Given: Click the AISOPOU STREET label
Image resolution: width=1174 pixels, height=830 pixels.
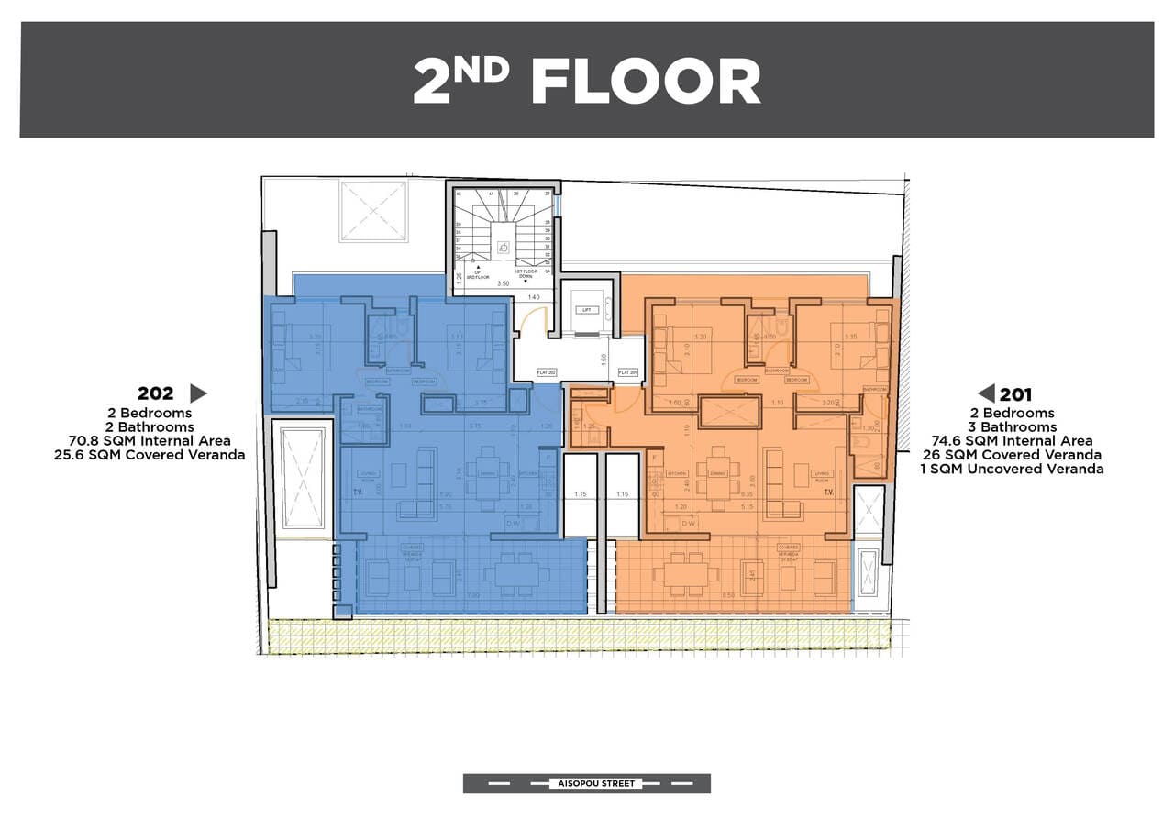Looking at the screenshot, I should click(587, 783).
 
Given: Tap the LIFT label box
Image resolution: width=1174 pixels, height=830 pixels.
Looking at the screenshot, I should click(585, 311).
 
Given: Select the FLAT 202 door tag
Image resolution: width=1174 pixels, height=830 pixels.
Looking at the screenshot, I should click(548, 372).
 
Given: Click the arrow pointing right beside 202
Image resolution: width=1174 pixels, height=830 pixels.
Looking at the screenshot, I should click(198, 393).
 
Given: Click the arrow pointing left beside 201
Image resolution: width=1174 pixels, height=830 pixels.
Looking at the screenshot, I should click(987, 393).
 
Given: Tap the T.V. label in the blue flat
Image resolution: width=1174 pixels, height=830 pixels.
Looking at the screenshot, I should click(357, 492).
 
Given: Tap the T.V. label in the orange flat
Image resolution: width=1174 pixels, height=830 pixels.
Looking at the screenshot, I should click(827, 492).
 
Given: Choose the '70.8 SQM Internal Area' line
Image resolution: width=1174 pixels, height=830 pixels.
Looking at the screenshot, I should click(150, 441).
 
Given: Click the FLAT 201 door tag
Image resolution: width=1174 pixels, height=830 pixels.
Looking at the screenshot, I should click(628, 372).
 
